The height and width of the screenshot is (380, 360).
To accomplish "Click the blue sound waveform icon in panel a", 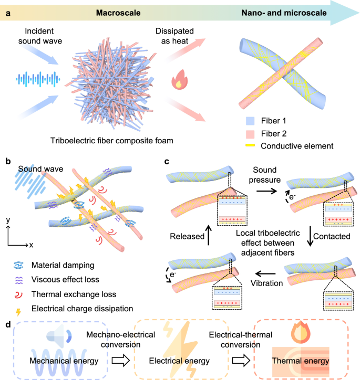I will coord(35,79).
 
